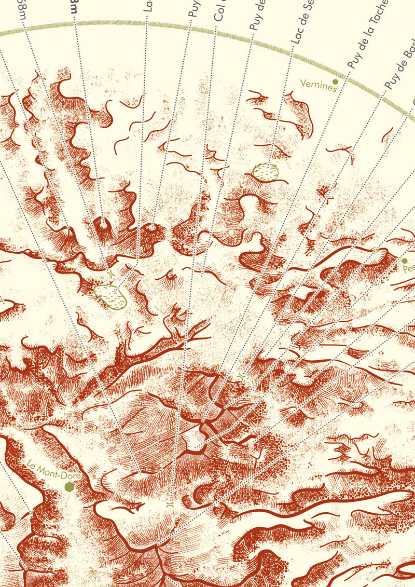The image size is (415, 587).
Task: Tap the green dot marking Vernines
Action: click(x=336, y=81)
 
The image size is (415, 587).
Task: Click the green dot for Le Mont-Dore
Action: click(x=68, y=486)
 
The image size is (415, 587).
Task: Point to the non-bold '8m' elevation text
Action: click(x=22, y=8)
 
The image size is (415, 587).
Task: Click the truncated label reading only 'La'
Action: click(x=148, y=5)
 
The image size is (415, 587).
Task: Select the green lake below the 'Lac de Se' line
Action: click(x=265, y=172)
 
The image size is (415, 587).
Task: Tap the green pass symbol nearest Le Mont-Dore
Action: click(x=170, y=503)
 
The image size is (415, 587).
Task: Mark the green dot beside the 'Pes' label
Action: click(x=405, y=261)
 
